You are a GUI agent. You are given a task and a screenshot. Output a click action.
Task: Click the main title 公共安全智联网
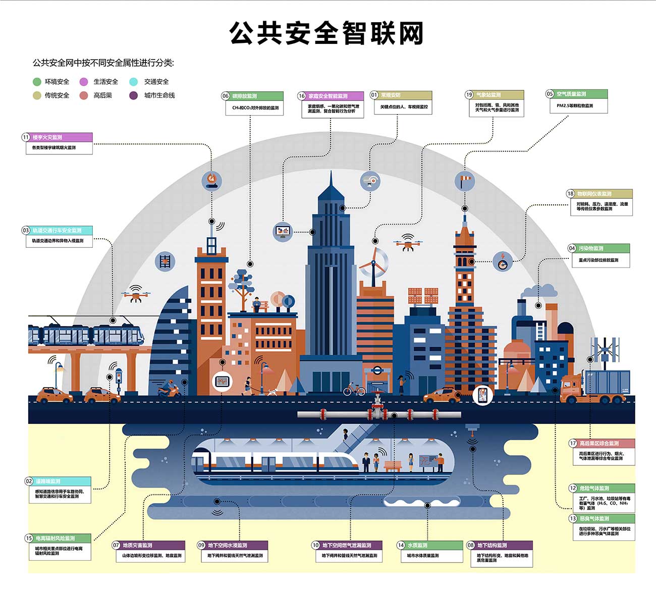[x=326, y=33]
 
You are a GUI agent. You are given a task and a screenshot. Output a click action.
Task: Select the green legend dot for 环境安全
[x=37, y=82]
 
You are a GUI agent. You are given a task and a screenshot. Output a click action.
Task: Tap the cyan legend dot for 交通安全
[x=133, y=82]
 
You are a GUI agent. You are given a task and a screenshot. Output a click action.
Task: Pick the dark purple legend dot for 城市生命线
[x=133, y=95]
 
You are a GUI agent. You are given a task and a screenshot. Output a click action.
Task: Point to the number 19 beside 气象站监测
[x=469, y=95]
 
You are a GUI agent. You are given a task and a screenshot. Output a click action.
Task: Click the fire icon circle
[x=212, y=180]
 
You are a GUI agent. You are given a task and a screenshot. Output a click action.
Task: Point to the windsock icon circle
[x=464, y=180]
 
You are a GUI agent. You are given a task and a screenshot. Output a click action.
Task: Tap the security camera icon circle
[x=370, y=180]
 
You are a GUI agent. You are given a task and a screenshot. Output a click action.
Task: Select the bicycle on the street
[x=354, y=389]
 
